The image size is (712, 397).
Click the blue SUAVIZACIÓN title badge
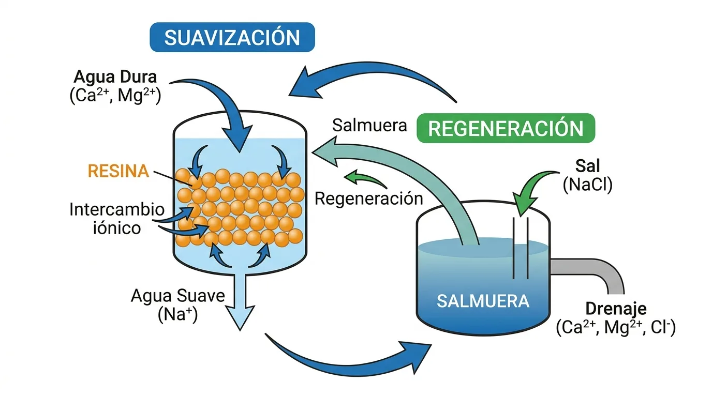232,37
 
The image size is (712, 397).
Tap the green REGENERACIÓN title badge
506,128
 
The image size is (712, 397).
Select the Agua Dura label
115,77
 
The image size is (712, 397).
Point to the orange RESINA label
118,171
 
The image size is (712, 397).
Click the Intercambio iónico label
117,219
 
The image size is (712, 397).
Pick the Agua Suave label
178,295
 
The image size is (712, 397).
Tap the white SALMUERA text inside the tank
483,301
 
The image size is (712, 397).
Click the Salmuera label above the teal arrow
369,125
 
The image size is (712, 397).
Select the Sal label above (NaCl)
588,166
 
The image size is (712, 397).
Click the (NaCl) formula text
587,185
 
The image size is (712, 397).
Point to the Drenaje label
616,309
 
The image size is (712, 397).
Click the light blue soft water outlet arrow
240,302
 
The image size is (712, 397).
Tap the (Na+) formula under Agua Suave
178,314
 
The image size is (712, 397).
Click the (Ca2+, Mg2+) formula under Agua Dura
115,95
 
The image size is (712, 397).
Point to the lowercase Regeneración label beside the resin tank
369,199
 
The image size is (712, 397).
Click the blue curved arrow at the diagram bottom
347,365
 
